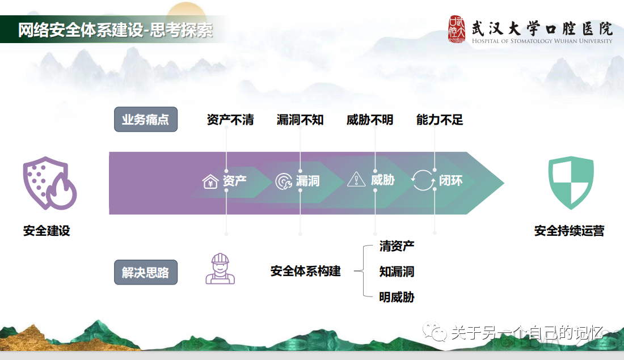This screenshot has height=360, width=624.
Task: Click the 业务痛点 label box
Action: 146,120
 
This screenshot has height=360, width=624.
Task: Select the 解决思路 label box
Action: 146,272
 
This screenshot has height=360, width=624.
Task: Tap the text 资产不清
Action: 230,120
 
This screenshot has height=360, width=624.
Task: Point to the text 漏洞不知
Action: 300,120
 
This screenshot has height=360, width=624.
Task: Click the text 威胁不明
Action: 370,120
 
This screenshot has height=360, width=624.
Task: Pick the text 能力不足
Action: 440,120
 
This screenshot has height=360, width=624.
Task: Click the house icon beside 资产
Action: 210,181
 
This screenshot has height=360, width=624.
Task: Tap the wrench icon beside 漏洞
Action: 283,181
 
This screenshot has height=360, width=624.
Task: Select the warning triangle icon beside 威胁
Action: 356,180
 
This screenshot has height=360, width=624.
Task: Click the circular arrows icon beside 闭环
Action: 422,180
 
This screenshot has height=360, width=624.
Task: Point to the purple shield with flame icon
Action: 49,183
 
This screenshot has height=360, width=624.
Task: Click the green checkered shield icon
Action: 571,183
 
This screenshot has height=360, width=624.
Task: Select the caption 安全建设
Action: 47,231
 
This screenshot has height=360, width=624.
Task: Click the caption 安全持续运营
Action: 569,231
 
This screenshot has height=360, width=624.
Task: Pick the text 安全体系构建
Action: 305,271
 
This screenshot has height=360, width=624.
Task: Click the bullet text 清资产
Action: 397,246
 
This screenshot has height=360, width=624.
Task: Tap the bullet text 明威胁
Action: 397,297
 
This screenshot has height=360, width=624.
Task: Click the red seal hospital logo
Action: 457,29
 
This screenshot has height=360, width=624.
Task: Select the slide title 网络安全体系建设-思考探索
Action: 116,29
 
